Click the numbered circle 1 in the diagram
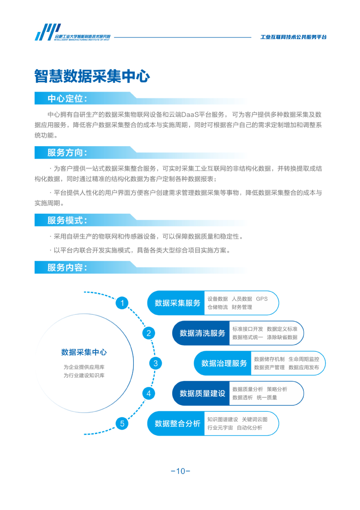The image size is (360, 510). [x=122, y=303]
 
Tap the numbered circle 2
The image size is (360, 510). [x=149, y=333]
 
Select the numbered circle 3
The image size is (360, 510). [x=155, y=363]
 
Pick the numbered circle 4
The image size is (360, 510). [x=149, y=394]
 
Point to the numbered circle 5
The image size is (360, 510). [x=122, y=423]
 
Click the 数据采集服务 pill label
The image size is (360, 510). [x=178, y=303]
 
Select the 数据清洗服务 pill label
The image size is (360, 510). [x=202, y=333]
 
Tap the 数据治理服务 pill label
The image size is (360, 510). [x=224, y=363]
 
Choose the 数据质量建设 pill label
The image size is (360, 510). [x=202, y=394]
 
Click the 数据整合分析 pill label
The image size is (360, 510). [x=178, y=423]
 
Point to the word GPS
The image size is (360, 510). [x=262, y=299]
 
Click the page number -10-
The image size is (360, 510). [x=180, y=471]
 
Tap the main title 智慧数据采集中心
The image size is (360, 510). [x=92, y=77]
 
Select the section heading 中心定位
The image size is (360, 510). [x=67, y=99]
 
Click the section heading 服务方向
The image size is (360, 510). [x=67, y=152]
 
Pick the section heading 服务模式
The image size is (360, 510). [x=67, y=221]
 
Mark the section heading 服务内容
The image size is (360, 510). [x=67, y=268]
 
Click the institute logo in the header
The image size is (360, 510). [x=73, y=32]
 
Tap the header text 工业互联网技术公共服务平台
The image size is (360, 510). [x=293, y=37]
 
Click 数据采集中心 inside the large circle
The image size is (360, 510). [x=84, y=352]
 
